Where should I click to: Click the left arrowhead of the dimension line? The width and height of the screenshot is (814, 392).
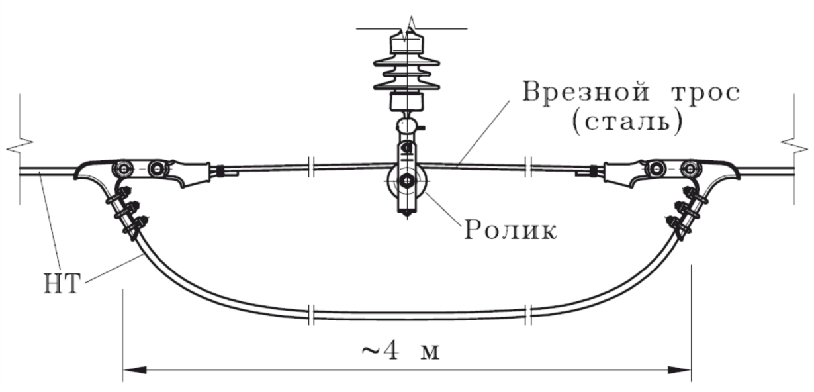tap(132, 369)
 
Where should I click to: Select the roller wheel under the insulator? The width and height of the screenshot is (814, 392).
tap(406, 180)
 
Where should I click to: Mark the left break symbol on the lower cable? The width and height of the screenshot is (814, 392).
tap(311, 311)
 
